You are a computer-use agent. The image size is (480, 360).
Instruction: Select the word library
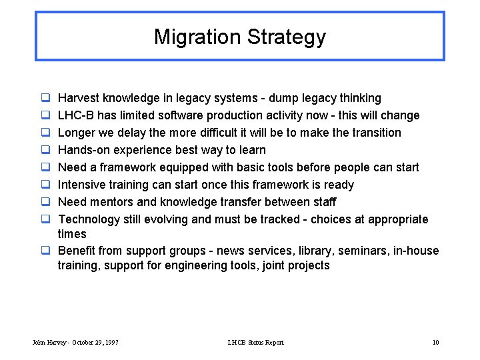point(313,251)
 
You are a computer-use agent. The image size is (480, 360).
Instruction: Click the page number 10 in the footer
point(435,343)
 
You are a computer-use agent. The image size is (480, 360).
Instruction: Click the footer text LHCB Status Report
point(255,343)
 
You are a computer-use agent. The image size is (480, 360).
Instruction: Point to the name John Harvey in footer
point(49,343)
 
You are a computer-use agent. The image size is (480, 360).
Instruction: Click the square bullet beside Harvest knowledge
point(44,98)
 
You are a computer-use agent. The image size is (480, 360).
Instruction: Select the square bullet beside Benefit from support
point(44,251)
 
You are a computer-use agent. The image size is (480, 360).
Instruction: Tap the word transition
point(374,133)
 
